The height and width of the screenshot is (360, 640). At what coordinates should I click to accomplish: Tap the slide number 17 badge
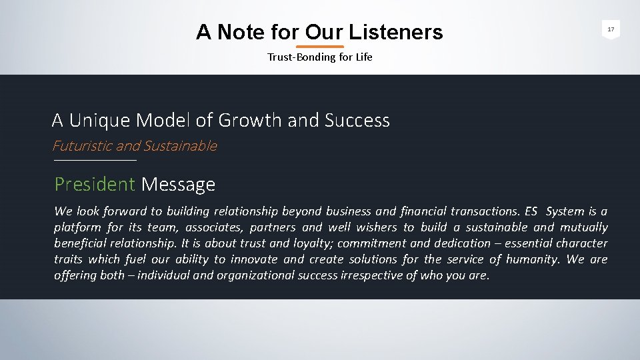[x=611, y=29]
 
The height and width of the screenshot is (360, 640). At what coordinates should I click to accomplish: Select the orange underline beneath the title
[x=319, y=47]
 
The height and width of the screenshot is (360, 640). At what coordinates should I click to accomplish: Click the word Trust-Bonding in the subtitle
[x=297, y=57]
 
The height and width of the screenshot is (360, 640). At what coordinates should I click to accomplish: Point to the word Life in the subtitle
[x=364, y=57]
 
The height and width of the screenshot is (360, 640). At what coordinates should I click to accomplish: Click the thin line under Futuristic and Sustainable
[x=95, y=161]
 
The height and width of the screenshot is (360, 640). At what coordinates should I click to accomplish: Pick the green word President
[x=95, y=184]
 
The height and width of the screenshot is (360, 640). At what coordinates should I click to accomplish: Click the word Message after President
[x=178, y=184]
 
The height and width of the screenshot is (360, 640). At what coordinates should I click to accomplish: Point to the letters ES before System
[x=531, y=211]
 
